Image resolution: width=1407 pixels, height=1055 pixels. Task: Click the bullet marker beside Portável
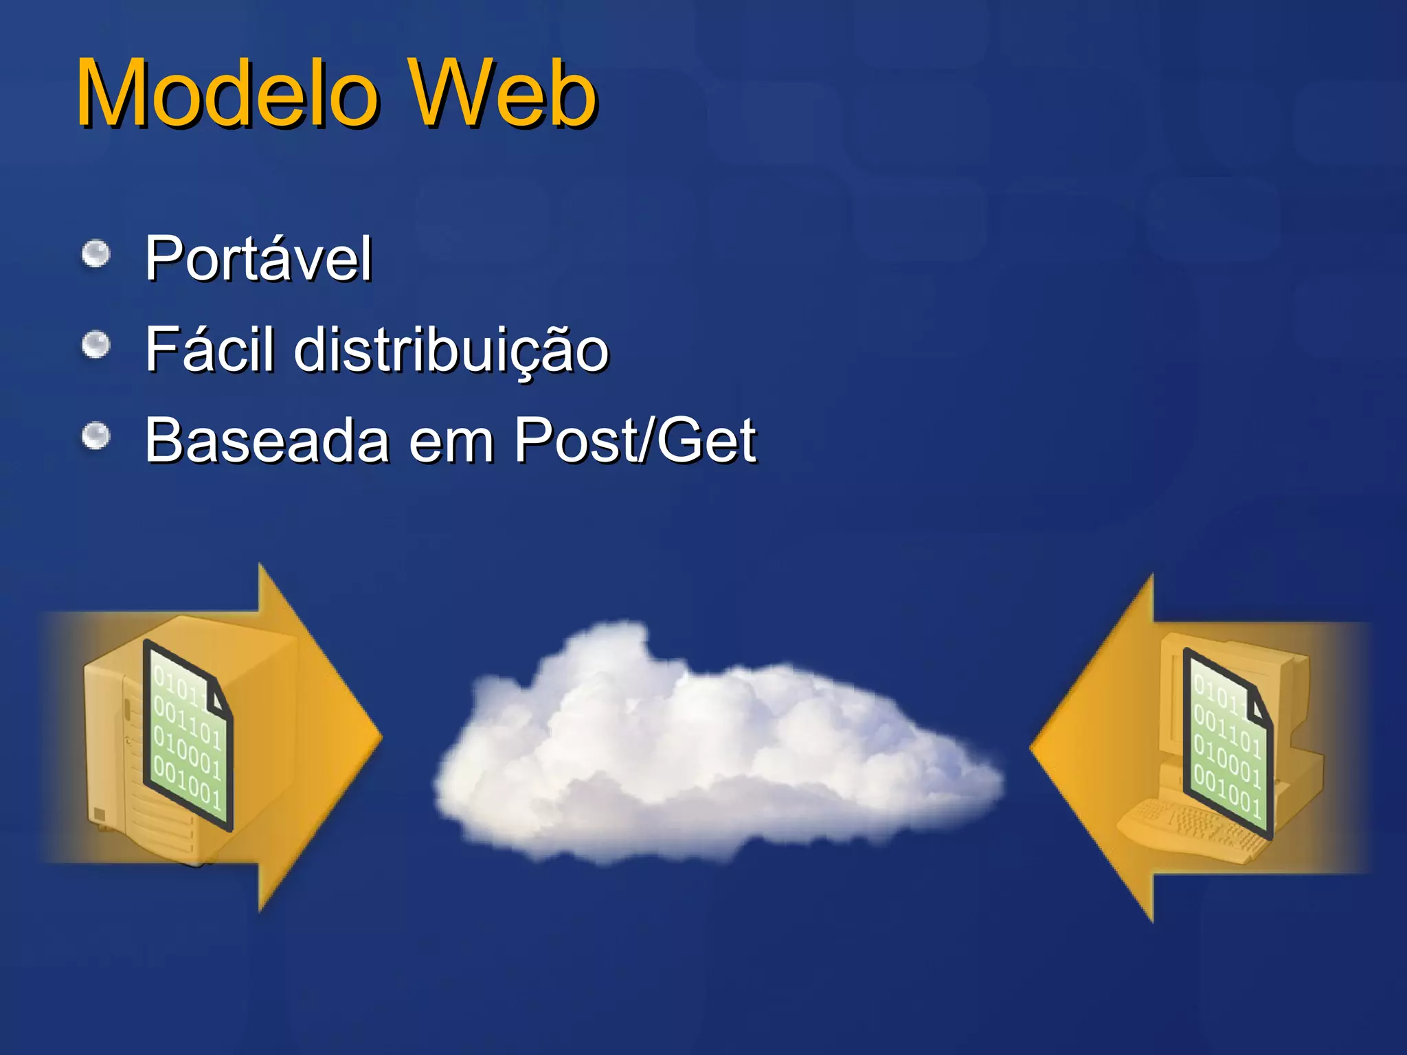[96, 255]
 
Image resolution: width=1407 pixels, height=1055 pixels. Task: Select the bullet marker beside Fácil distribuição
[96, 345]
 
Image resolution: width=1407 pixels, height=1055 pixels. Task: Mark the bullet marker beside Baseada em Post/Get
[96, 435]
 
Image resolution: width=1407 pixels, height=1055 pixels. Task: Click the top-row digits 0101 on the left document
[176, 683]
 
